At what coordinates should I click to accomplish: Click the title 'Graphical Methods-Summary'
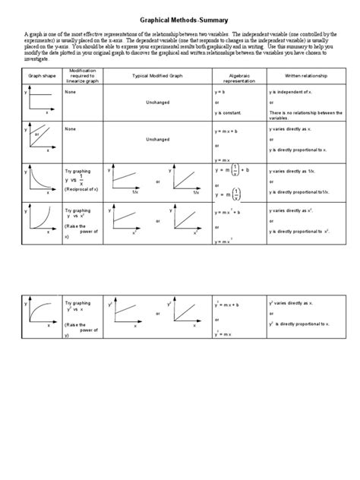pyautogui.click(x=180, y=22)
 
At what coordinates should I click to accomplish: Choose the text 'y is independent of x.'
pyautogui.click(x=292, y=90)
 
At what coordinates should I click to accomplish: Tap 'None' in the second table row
pyautogui.click(x=71, y=128)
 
